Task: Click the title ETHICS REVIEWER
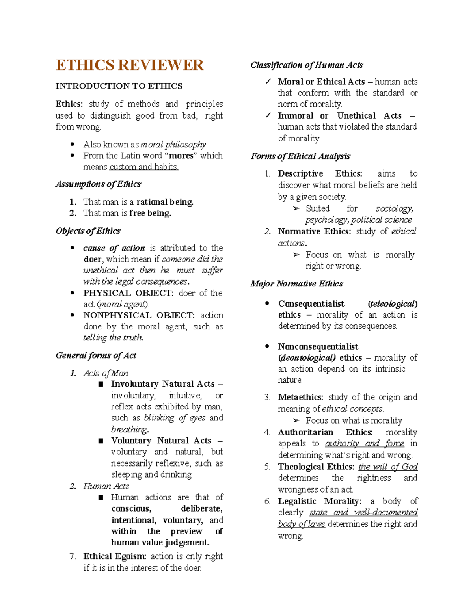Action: (x=129, y=65)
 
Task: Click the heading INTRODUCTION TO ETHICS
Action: (x=119, y=86)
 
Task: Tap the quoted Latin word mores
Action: (x=181, y=156)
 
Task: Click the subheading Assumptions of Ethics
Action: (x=98, y=184)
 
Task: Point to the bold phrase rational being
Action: (x=165, y=202)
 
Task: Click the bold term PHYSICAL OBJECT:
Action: (x=128, y=293)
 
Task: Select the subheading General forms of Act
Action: (x=96, y=355)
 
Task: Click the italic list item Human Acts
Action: (x=106, y=486)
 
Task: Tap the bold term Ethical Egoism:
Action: (x=115, y=556)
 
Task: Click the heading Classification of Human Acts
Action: (x=306, y=65)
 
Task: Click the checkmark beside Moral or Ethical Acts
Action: (x=268, y=82)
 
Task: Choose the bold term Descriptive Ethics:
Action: (x=320, y=173)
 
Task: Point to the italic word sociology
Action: (x=394, y=208)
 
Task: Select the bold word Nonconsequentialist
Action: (x=318, y=346)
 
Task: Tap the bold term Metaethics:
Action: (x=300, y=397)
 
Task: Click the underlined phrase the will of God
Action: (x=388, y=467)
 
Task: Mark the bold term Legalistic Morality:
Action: (x=319, y=501)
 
